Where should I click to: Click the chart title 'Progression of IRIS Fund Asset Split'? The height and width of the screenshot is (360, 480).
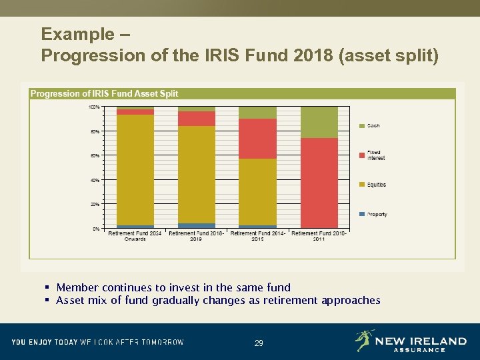click(x=104, y=93)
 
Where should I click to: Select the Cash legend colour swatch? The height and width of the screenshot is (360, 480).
click(x=362, y=125)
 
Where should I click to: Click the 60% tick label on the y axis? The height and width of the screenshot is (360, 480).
click(x=95, y=155)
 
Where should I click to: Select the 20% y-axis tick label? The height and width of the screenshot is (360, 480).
click(x=95, y=204)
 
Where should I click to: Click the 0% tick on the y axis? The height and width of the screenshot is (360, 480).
click(x=96, y=229)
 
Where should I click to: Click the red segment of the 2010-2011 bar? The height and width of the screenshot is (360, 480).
click(x=319, y=183)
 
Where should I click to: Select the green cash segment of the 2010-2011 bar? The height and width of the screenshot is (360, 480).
click(x=319, y=122)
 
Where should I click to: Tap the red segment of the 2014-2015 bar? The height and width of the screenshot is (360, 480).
click(x=257, y=139)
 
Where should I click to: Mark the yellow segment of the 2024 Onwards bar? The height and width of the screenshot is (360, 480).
click(x=135, y=170)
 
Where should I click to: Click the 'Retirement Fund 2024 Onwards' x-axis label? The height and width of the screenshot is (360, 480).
click(x=135, y=236)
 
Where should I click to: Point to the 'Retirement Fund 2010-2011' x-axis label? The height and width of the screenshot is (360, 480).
click(x=319, y=236)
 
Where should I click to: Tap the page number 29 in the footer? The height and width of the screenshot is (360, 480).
click(x=259, y=343)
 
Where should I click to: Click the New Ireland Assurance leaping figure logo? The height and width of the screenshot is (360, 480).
click(x=364, y=340)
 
